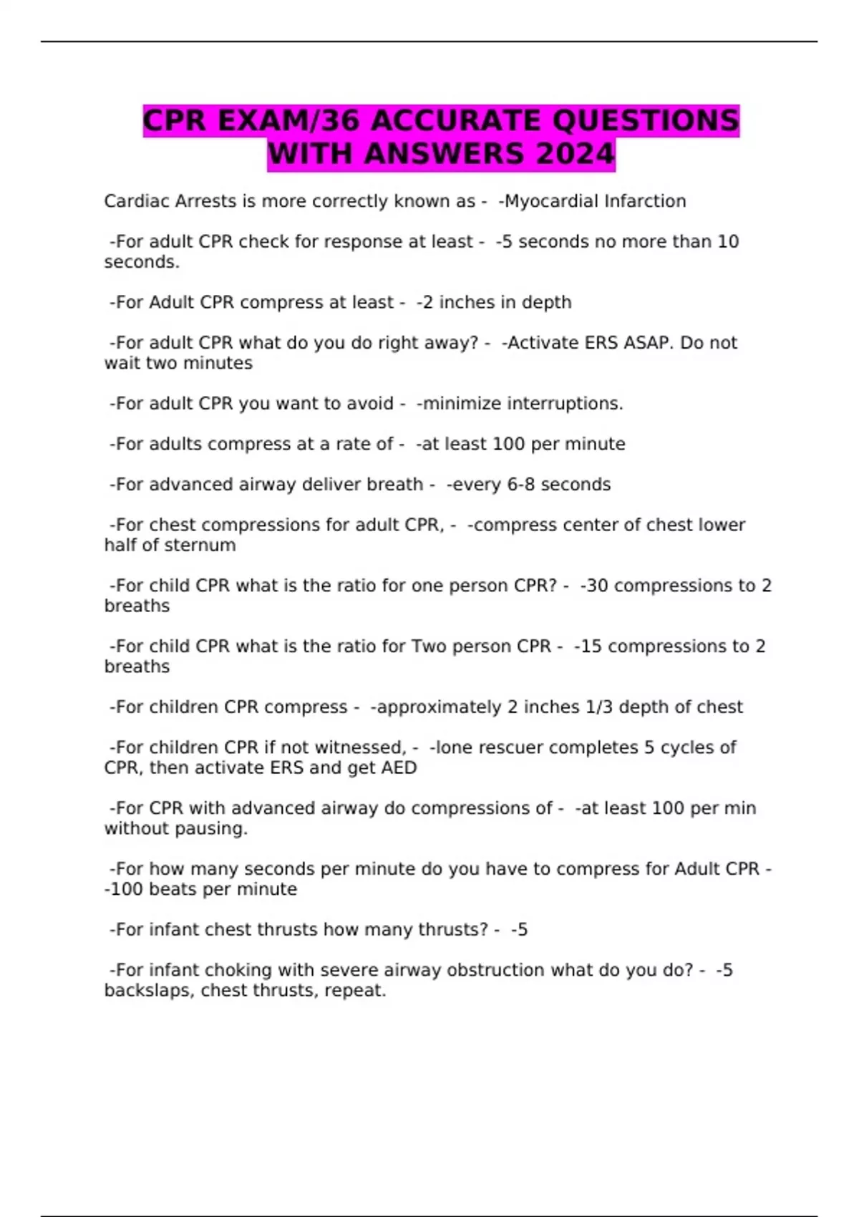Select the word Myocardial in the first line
coord(551,201)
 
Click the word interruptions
coord(565,404)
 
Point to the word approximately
coord(439,707)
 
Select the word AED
coord(400,768)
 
